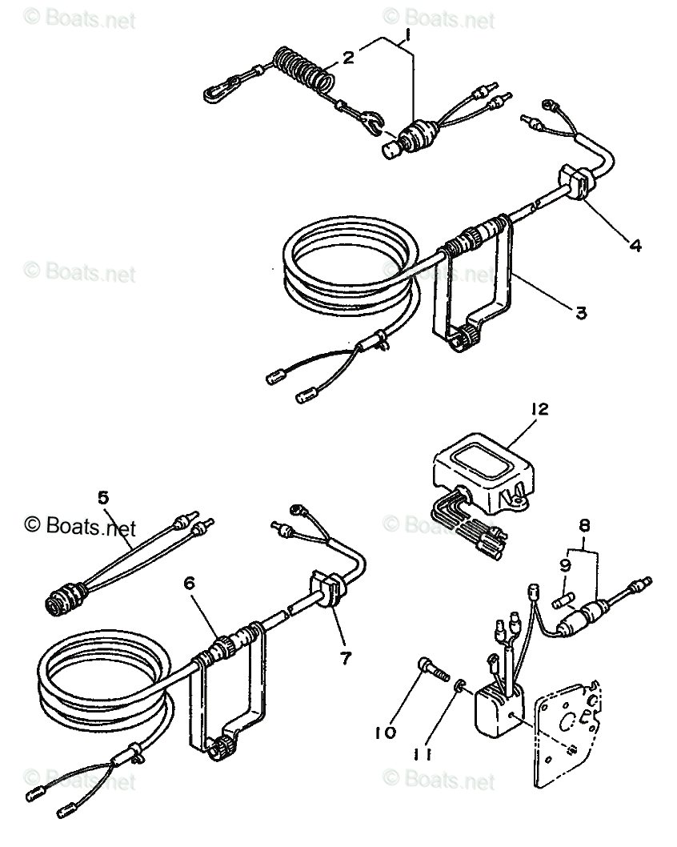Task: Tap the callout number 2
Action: coord(348,57)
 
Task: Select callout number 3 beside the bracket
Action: coord(581,313)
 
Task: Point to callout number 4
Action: coord(635,247)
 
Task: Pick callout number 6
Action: coord(190,584)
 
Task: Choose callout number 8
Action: coord(584,526)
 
